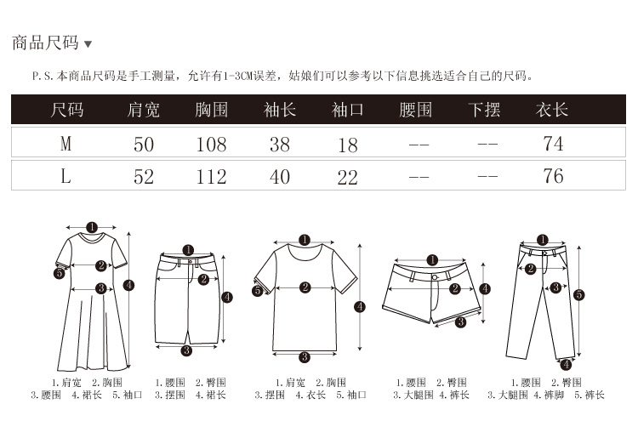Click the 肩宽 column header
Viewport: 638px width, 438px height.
[143, 110]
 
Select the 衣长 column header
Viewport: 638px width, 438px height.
[552, 110]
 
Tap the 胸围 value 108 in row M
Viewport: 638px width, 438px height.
[211, 145]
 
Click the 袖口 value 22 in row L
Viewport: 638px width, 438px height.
[347, 178]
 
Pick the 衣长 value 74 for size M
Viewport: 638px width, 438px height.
[553, 144]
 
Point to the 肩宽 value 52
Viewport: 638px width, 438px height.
[144, 177]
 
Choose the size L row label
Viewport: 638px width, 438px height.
[66, 176]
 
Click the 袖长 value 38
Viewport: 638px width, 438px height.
[280, 145]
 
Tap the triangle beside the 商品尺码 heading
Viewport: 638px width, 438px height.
[88, 44]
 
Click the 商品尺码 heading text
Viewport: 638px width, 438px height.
[45, 43]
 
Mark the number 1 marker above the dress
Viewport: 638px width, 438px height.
[92, 227]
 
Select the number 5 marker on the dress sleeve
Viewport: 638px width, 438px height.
[60, 273]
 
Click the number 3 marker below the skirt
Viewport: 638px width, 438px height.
[186, 350]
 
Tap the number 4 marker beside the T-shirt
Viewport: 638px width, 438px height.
[360, 307]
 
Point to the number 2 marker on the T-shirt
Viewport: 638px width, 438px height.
[305, 287]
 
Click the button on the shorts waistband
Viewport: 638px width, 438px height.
[435, 277]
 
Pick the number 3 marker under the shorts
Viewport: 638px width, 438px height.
[460, 322]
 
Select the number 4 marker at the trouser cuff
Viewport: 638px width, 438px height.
[567, 364]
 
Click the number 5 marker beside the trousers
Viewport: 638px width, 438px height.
[579, 294]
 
